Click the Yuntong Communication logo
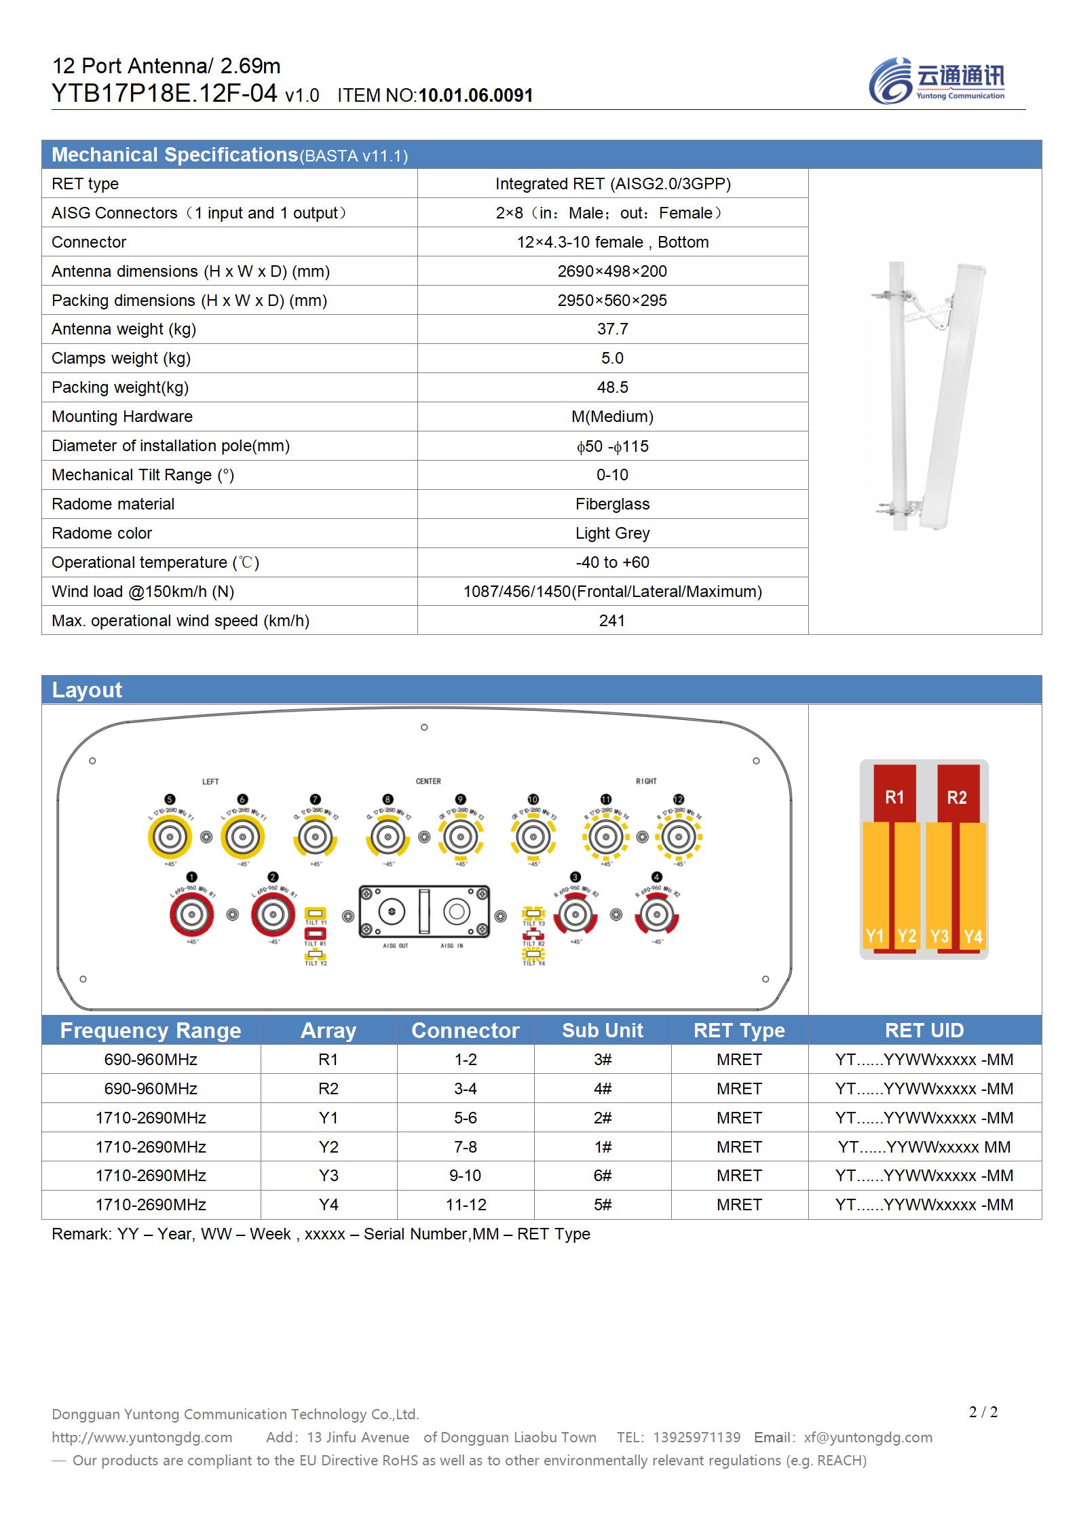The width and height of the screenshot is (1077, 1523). tap(937, 81)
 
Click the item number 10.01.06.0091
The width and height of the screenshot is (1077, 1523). tap(475, 96)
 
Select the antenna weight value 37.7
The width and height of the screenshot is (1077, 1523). tap(612, 329)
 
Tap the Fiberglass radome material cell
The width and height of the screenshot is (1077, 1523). tap(612, 504)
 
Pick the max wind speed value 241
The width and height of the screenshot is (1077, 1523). tap(612, 621)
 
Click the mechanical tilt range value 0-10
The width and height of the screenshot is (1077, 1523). tap(612, 475)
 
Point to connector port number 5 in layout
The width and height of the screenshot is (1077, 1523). tap(170, 837)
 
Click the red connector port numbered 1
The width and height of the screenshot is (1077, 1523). tap(192, 915)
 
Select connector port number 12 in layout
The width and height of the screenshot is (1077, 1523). tap(679, 837)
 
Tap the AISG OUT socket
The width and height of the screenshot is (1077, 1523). tap(392, 912)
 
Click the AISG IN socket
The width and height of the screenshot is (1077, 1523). tap(456, 912)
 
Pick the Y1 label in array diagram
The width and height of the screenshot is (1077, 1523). tap(875, 936)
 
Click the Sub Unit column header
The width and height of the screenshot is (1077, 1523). tap(602, 1030)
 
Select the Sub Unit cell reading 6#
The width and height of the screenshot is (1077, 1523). tap(602, 1176)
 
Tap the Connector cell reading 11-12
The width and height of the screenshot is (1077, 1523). tap(466, 1205)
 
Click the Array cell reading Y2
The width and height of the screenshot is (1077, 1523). tap(328, 1146)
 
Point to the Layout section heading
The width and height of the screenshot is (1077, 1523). tap(87, 690)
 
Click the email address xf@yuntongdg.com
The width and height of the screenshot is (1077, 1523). tap(868, 1438)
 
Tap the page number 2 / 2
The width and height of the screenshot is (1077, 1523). tap(983, 1412)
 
